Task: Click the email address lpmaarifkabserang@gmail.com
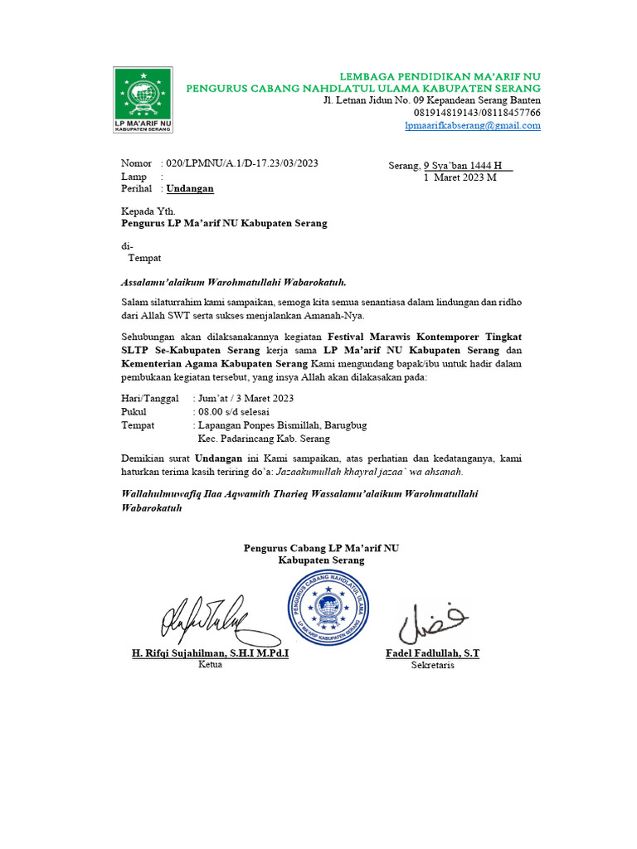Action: pos(472,125)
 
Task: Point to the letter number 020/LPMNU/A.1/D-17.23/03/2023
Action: pos(242,163)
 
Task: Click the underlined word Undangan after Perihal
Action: pos(190,188)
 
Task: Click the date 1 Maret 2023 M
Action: pos(460,177)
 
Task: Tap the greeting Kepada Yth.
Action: pos(148,211)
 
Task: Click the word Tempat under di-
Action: pos(144,259)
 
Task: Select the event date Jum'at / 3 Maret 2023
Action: pos(246,399)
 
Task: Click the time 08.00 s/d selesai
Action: pos(233,411)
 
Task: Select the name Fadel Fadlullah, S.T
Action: pos(432,653)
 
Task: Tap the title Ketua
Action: pos(211,665)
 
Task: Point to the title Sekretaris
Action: pos(432,665)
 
